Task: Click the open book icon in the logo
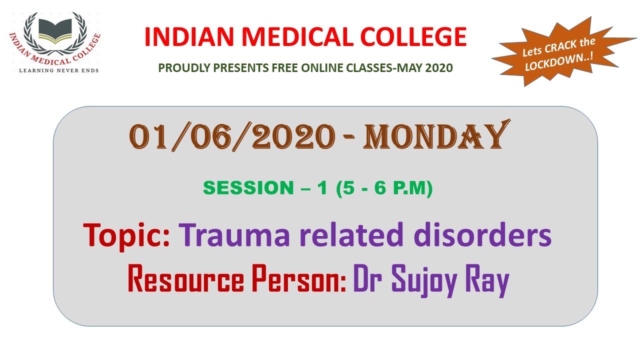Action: [55, 29]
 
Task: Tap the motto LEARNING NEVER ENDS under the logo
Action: [58, 70]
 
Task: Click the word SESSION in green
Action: [242, 188]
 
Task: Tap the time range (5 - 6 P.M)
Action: [384, 188]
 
